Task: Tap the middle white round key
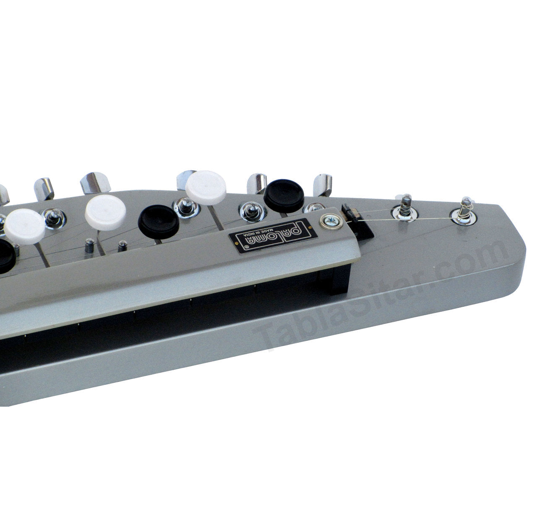click(105, 209)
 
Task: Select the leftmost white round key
click(25, 227)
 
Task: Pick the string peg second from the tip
click(404, 208)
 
